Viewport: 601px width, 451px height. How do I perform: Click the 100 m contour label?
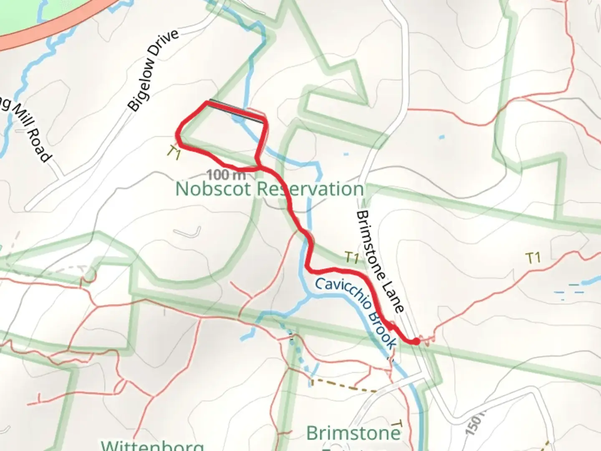(x=226, y=174)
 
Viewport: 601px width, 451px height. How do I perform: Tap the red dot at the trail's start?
(x=416, y=342)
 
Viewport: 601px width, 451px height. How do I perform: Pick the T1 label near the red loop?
(x=174, y=153)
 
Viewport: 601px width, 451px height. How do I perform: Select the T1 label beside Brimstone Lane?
(x=352, y=258)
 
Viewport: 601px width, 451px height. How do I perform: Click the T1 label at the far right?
(x=533, y=258)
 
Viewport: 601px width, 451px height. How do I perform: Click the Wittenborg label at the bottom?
(x=153, y=445)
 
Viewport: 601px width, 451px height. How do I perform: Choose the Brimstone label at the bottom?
(x=353, y=433)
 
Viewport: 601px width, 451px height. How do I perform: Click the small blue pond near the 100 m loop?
(x=346, y=154)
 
